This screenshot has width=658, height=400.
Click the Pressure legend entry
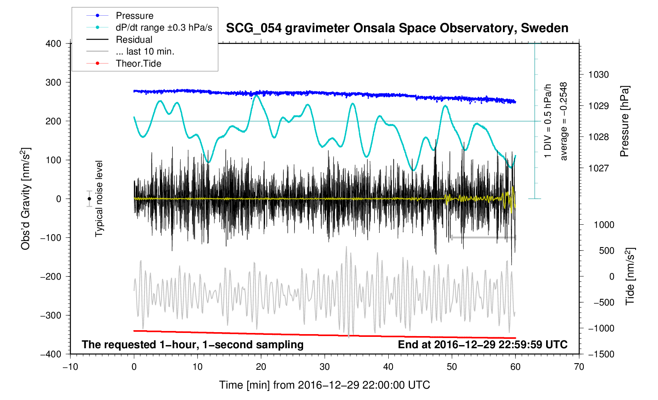point(134,16)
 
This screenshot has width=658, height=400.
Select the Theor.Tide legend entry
point(138,64)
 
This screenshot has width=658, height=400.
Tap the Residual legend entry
point(134,40)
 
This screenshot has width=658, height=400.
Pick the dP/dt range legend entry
point(164,27)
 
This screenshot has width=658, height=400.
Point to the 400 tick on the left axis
point(53,44)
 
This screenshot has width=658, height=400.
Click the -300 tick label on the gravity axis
point(51,315)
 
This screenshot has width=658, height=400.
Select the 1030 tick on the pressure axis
point(598,75)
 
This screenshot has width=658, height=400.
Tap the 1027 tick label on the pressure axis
point(598,168)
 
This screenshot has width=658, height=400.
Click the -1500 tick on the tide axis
point(601,354)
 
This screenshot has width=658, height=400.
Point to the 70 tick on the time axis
point(579,367)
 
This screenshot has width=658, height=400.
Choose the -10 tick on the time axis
point(70,367)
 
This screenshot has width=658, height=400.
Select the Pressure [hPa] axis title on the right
point(624,121)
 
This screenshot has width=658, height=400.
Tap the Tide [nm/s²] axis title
point(630,276)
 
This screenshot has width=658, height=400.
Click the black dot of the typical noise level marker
point(90,199)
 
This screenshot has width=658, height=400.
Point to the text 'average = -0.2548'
point(564,121)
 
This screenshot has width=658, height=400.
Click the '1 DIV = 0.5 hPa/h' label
point(548,121)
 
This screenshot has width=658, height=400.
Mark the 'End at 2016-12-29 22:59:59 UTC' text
point(483,345)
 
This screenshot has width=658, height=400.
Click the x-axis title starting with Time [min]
point(324,385)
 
